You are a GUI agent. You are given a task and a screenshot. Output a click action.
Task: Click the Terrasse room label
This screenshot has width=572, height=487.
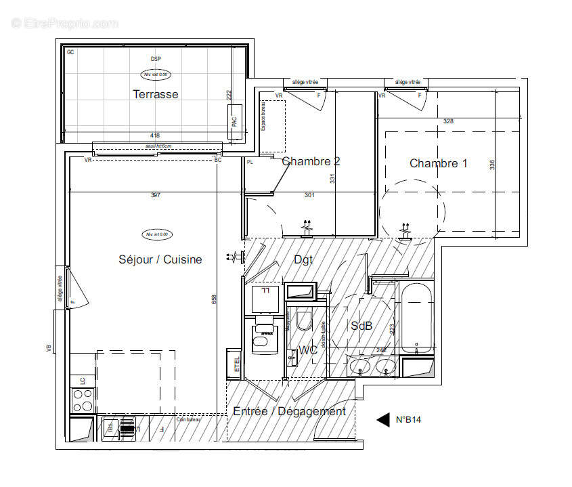click(x=156, y=94)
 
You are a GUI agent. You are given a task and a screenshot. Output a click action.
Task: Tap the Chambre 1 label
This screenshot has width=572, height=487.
click(x=438, y=163)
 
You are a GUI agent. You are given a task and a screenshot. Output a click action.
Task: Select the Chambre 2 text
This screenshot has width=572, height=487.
click(x=311, y=161)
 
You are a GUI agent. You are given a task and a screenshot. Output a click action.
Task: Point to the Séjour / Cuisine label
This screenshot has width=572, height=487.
click(x=160, y=259)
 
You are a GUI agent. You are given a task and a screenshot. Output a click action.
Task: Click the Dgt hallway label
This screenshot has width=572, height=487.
click(x=303, y=259)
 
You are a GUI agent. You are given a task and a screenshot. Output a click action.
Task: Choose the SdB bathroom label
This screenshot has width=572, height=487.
click(x=361, y=326)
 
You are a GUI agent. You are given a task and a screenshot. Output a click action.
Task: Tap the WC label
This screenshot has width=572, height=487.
click(x=309, y=350)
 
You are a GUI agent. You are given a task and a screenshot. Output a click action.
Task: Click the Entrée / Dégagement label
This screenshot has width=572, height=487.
click(x=289, y=411)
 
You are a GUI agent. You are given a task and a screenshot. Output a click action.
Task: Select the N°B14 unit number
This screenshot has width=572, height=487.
click(x=409, y=420)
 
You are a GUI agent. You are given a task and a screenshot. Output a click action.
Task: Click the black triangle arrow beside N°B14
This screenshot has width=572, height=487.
click(x=383, y=420)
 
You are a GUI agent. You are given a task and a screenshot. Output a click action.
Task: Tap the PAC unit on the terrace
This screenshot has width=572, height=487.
click(x=235, y=122)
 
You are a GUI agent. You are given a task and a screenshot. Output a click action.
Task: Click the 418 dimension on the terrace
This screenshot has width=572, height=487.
click(x=155, y=135)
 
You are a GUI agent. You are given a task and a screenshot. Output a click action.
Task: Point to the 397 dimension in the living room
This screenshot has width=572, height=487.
click(x=155, y=196)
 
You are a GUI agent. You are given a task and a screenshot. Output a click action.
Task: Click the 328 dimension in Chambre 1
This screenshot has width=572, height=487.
click(x=447, y=121)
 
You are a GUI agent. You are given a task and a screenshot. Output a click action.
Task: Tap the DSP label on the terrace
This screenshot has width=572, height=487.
click(x=156, y=60)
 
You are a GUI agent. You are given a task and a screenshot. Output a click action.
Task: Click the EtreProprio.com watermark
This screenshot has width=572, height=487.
click(x=64, y=23)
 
